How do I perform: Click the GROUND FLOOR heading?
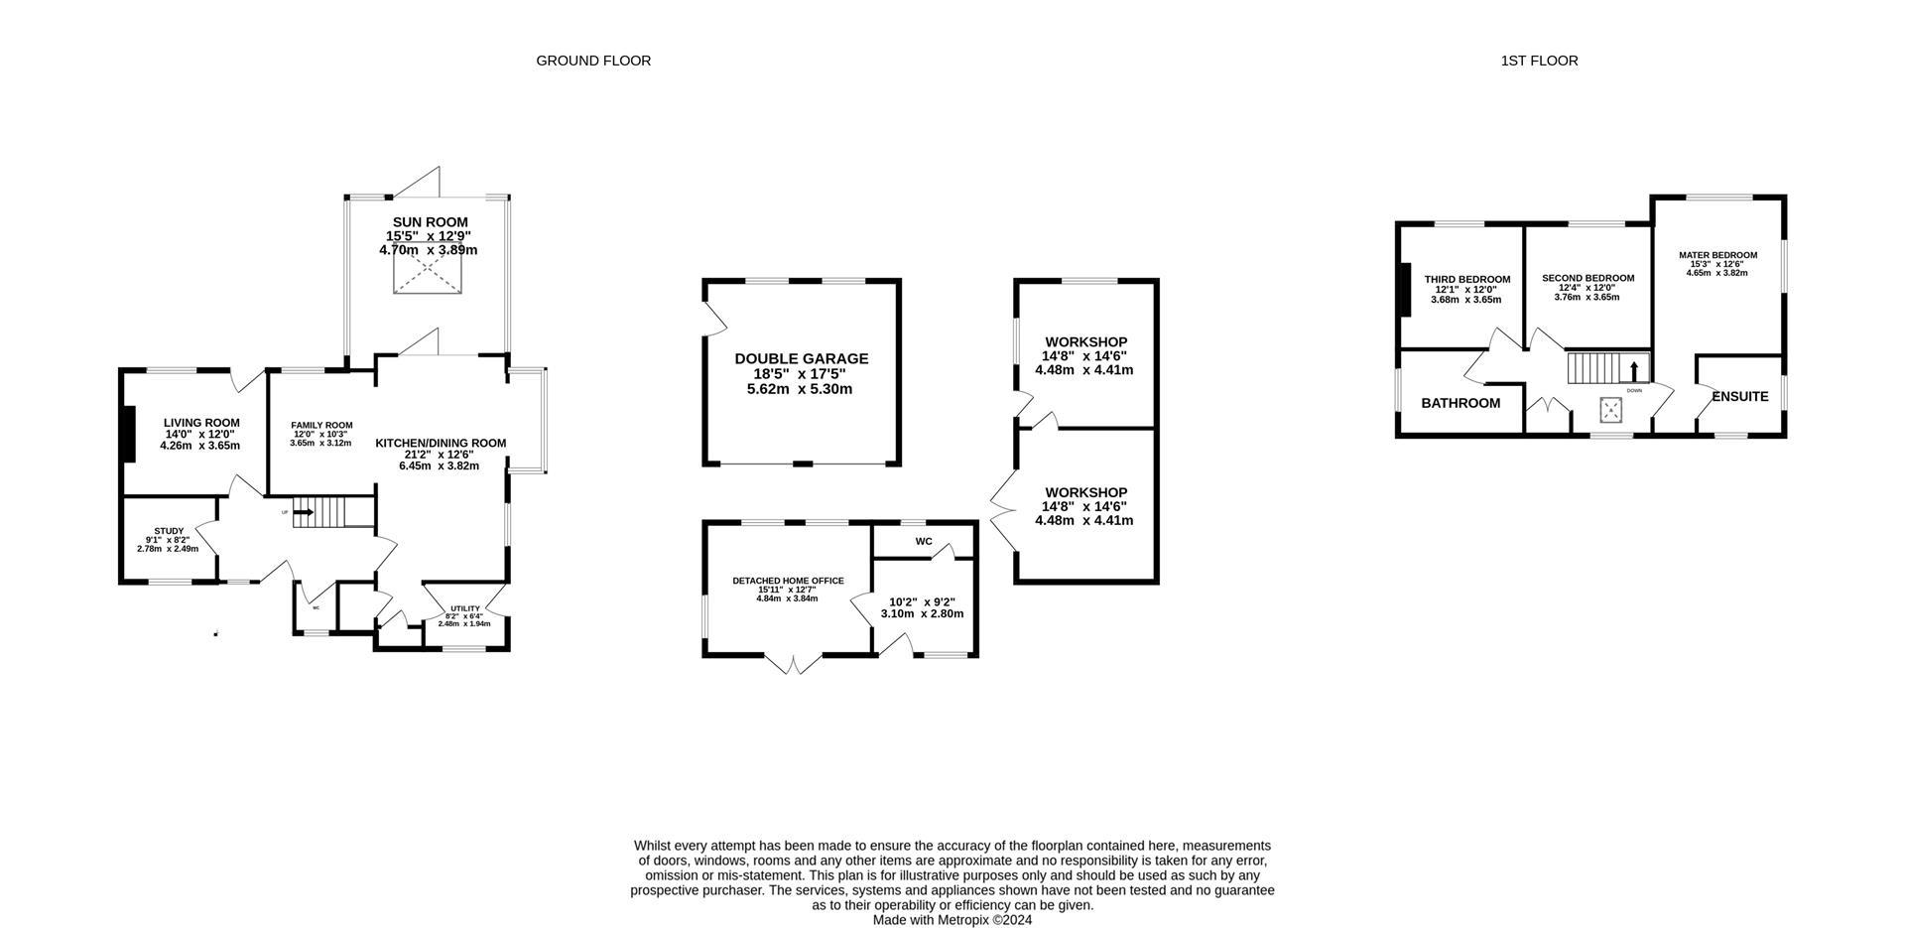[593, 61]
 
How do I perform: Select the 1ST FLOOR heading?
[1539, 61]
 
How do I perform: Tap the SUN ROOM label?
[430, 222]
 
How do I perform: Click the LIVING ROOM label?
[201, 423]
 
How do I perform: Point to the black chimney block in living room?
[127, 434]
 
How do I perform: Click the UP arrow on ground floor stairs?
[304, 513]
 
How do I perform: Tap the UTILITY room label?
[465, 608]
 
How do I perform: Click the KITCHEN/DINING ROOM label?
[441, 444]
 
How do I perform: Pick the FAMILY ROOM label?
[321, 425]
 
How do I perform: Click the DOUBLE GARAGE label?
[801, 358]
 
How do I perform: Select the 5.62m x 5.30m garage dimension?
[800, 389]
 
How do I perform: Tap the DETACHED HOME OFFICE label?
[788, 581]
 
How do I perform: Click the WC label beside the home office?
[924, 542]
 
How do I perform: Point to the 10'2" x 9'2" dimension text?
[922, 601]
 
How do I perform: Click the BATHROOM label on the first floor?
[1460, 403]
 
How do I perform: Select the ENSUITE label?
[1740, 396]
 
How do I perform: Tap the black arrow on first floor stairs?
[1634, 371]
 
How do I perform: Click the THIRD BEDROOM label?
[1466, 279]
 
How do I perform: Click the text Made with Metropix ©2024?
[952, 920]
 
